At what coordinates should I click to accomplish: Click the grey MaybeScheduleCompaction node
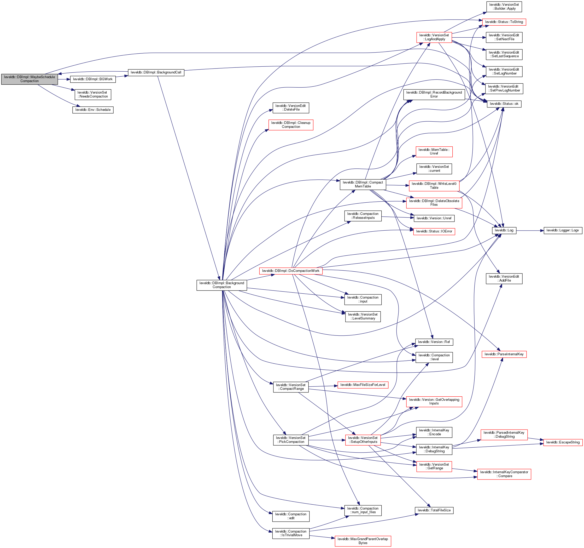coord(29,79)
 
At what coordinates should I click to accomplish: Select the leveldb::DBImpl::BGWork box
coord(92,79)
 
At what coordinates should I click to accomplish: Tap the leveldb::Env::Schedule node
coord(93,110)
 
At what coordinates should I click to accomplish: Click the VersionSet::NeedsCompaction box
coord(93,94)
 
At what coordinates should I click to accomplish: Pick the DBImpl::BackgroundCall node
coord(156,72)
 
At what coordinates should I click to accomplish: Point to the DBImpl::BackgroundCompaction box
coord(221,285)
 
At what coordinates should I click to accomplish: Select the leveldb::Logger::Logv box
coord(563,231)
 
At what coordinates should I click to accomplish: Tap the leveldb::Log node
coord(504,231)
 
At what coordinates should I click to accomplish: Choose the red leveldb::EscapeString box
coord(563,442)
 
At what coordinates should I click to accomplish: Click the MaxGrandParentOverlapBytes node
coord(363,541)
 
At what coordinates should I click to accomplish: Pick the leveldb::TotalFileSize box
coord(434,510)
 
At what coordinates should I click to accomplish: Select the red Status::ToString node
coord(504,22)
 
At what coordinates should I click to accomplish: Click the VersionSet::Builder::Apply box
coord(504,7)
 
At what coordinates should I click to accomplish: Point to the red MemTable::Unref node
coord(434,152)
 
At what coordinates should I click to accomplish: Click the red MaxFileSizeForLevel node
coord(363,385)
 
